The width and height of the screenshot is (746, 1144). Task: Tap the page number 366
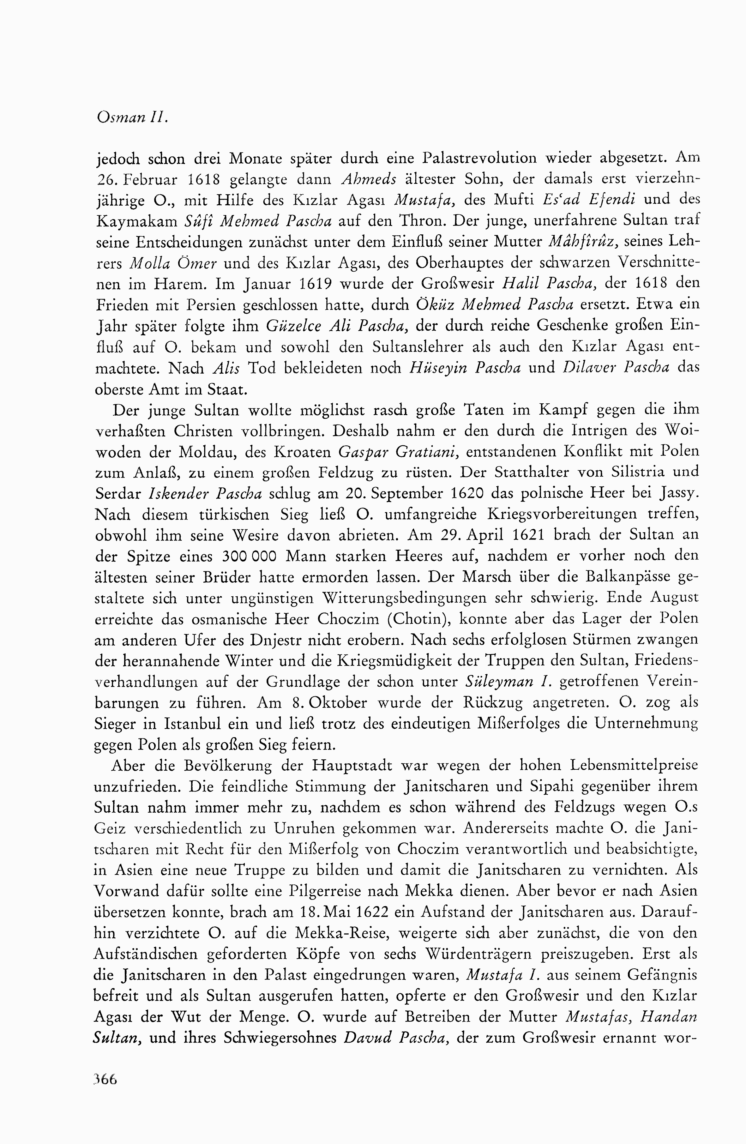click(x=106, y=1079)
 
